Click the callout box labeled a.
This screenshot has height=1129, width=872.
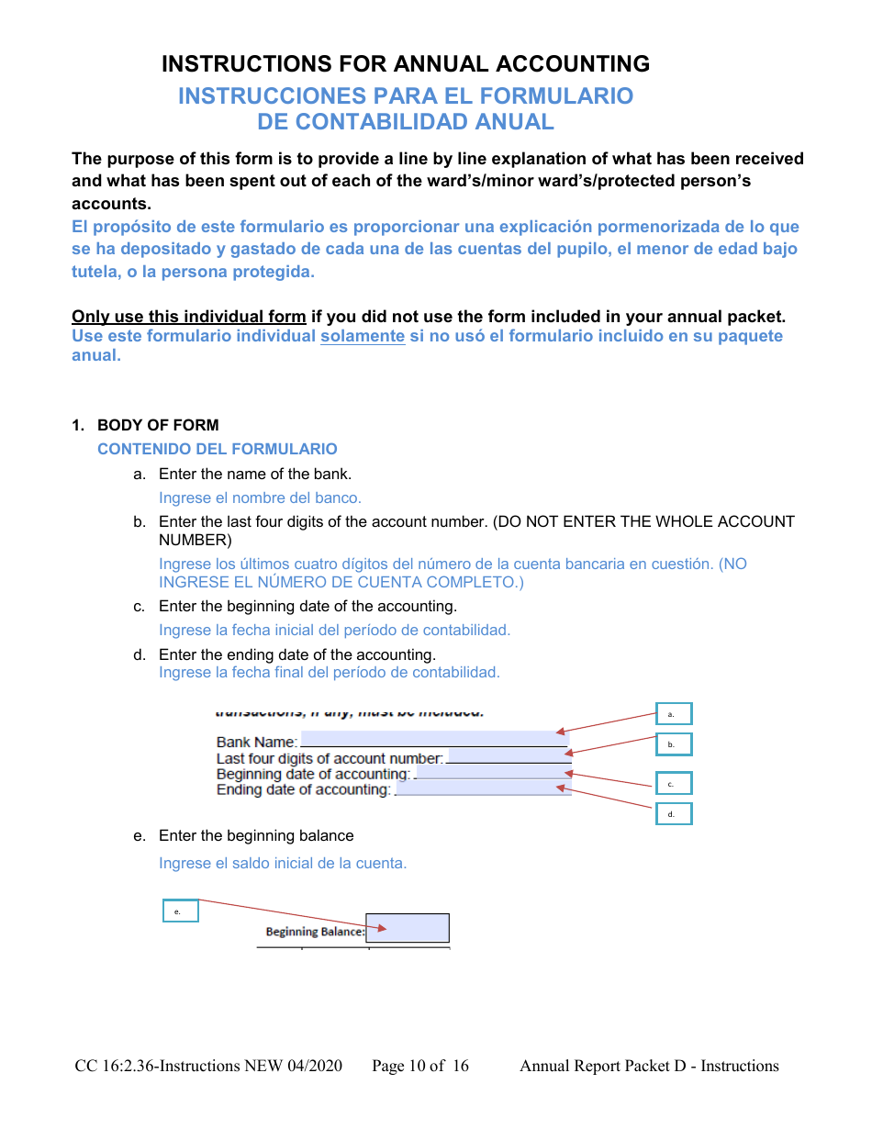pos(673,714)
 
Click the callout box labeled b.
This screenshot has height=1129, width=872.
pos(673,743)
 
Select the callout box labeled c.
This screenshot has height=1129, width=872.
pos(673,783)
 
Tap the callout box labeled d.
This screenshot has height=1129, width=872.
pos(673,813)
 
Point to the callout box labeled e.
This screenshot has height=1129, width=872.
pos(180,911)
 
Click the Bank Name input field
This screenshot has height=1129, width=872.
pos(433,739)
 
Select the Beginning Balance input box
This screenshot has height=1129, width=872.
pos(408,928)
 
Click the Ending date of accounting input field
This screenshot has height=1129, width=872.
pos(482,788)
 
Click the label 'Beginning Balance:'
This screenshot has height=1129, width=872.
pos(315,932)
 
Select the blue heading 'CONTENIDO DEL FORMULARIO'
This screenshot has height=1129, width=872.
pos(217,449)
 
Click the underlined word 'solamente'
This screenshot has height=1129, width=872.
pos(362,336)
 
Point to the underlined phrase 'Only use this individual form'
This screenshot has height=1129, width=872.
pos(189,317)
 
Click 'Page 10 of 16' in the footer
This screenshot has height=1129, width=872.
pos(419,1066)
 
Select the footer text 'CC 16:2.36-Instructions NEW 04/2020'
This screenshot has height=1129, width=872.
pos(208,1066)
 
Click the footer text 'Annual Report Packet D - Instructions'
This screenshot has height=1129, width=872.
pos(649,1066)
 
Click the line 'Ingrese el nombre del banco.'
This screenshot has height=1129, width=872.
pos(260,497)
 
